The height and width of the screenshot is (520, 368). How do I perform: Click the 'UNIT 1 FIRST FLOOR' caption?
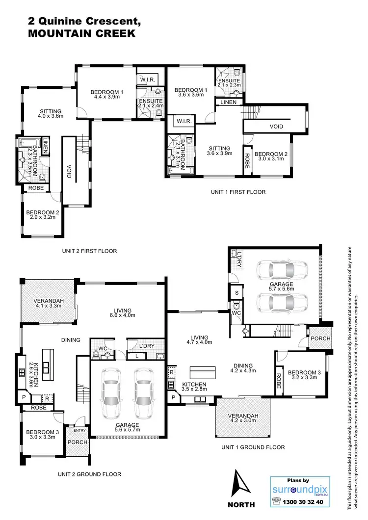[236, 192]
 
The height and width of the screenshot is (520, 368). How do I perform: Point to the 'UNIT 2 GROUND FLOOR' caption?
[89, 474]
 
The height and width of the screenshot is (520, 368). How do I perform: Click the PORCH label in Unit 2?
[78, 442]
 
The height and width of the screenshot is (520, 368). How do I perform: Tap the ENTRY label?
[79, 430]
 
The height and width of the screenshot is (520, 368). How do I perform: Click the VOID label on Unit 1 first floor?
[276, 127]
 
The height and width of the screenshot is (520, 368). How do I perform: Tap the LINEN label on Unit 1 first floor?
[228, 102]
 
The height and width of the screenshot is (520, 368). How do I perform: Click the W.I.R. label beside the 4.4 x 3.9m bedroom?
[148, 79]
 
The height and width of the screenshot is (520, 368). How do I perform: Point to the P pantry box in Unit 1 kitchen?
[173, 398]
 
